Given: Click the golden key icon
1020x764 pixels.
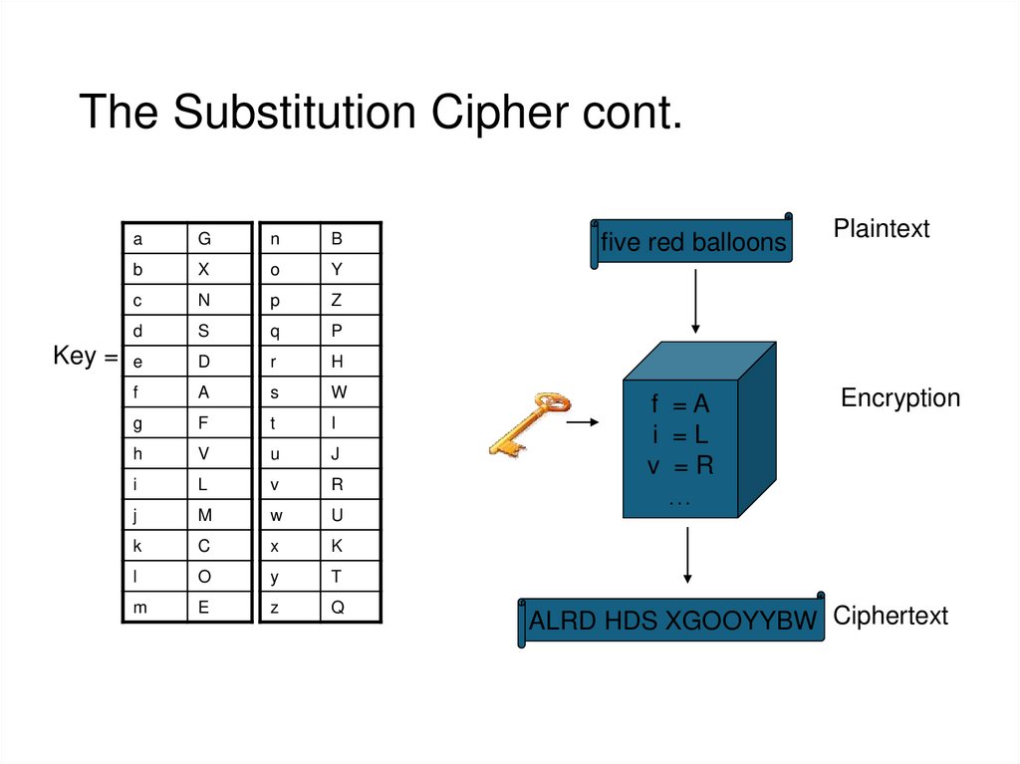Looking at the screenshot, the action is (529, 423).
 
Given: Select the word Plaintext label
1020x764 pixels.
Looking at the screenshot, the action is (882, 228).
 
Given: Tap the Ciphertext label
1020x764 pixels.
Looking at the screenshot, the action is (890, 616).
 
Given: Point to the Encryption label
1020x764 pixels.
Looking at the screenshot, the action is (900, 397).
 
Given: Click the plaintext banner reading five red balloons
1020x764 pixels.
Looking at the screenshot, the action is (691, 241).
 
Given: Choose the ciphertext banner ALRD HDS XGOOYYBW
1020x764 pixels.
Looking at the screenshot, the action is (671, 620).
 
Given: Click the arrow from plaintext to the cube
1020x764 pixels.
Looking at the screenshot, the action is (695, 301).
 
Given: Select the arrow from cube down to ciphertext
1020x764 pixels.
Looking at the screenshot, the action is (687, 555).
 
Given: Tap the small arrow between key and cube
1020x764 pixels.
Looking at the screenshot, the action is (582, 422).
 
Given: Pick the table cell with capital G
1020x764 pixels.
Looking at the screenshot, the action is (219, 238).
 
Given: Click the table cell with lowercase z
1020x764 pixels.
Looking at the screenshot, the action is (290, 608).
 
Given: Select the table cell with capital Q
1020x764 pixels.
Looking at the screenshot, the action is (350, 608).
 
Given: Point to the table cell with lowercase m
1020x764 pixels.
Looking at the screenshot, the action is (154, 608).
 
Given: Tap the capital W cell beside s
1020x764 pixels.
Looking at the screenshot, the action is (350, 391).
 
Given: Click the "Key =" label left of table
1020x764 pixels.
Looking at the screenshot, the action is (86, 356).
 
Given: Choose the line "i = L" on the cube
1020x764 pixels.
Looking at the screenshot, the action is (679, 434).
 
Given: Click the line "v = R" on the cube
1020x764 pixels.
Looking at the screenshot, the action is (680, 465).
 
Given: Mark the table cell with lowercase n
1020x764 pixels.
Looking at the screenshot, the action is (290, 238).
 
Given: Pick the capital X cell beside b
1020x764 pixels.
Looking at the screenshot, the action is (219, 269).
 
